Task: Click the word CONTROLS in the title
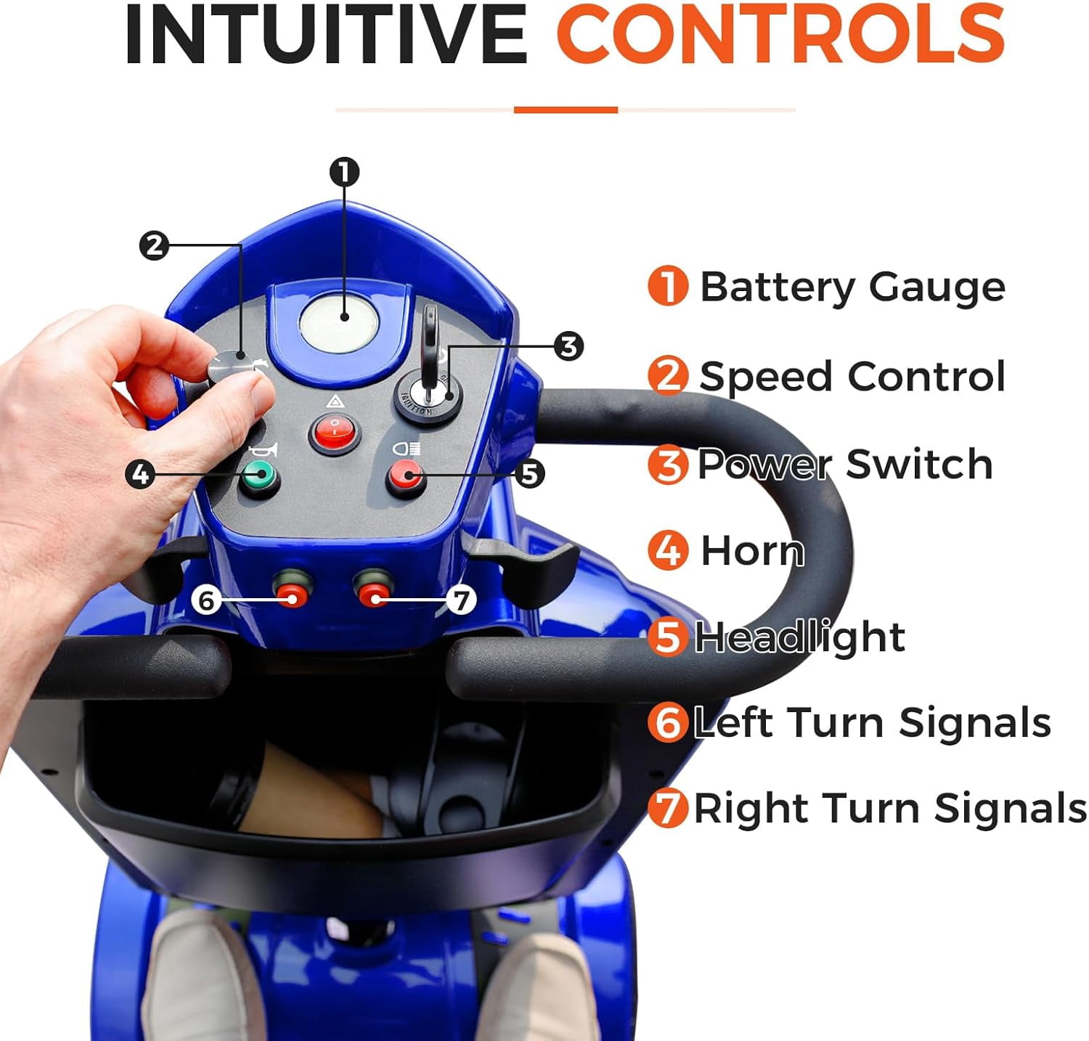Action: point(780,34)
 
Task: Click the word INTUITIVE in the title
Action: point(326,35)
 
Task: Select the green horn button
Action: point(260,477)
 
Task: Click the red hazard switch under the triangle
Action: point(335,433)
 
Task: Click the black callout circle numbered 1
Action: point(344,172)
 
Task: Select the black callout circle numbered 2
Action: point(154,246)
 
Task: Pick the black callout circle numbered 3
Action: point(568,346)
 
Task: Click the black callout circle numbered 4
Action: point(140,475)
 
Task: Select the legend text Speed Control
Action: point(852,376)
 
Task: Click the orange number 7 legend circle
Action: point(667,807)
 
